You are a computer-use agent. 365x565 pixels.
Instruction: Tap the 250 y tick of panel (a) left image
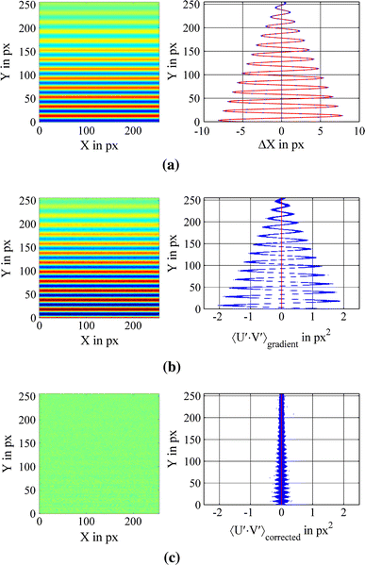(27, 6)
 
